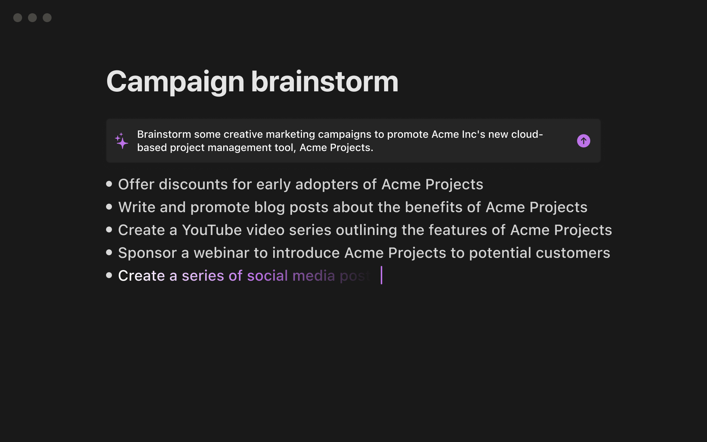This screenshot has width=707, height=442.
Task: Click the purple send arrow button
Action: pyautogui.click(x=583, y=141)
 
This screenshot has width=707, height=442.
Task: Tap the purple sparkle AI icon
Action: pyautogui.click(x=122, y=141)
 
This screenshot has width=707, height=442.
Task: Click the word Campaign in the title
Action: pyautogui.click(x=175, y=82)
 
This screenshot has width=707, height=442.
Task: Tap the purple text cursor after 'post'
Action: pyautogui.click(x=381, y=275)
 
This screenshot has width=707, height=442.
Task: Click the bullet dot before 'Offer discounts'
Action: pyautogui.click(x=109, y=184)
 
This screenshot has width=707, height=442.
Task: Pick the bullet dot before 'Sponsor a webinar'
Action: pyautogui.click(x=109, y=252)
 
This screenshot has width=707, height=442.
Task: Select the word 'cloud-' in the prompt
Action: pyautogui.click(x=527, y=134)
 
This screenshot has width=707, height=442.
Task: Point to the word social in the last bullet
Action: pyautogui.click(x=267, y=276)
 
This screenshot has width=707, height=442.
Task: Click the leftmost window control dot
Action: pyautogui.click(x=18, y=18)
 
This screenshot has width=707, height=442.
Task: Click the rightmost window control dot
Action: pyautogui.click(x=47, y=18)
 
